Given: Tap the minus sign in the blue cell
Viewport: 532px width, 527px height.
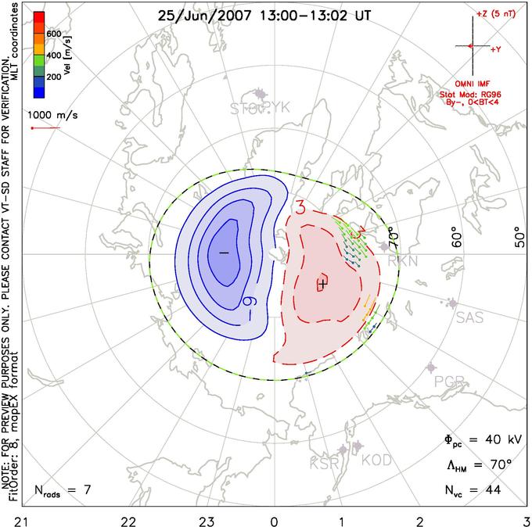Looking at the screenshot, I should [224, 253].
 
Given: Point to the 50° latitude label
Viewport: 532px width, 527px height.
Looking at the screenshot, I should [518, 235].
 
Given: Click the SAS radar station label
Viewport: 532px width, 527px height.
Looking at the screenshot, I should [470, 317].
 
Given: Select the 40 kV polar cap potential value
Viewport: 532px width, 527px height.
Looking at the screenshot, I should [490, 440].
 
